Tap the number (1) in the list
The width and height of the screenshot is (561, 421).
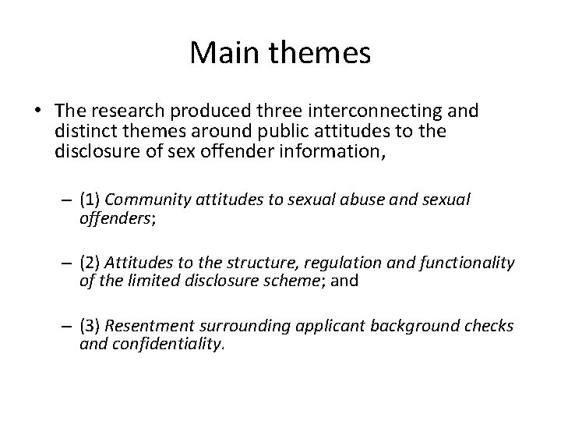(89, 198)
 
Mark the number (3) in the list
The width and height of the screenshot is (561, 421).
(89, 326)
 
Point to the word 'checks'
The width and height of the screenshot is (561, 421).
(490, 326)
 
